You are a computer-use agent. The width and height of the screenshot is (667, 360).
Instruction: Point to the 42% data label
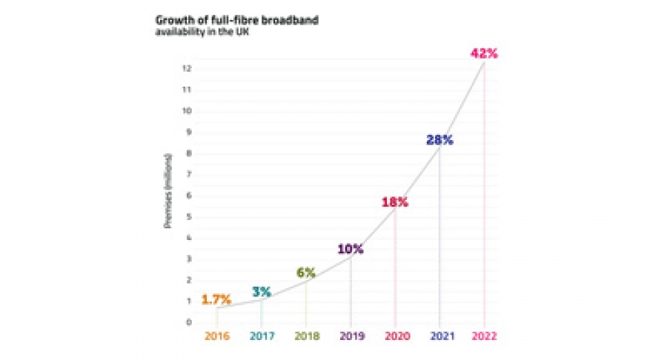tap(484, 53)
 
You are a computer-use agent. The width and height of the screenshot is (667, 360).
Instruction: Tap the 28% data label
tap(439, 139)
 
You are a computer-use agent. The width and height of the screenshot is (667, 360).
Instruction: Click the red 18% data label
tap(394, 201)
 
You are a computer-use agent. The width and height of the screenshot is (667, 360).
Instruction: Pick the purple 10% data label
tap(350, 249)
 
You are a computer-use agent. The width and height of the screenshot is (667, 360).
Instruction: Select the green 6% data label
tap(306, 272)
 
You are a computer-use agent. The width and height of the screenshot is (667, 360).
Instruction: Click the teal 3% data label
tap(262, 290)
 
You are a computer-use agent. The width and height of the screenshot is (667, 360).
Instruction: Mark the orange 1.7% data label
tap(216, 300)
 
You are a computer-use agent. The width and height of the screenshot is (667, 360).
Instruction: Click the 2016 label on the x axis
tap(217, 336)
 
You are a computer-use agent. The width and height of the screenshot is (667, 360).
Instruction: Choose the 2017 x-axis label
tap(262, 336)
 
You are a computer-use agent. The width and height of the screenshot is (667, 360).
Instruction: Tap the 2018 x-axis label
tap(306, 336)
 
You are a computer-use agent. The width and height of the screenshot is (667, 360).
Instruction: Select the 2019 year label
tap(351, 336)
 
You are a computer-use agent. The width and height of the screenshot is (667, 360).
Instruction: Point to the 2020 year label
tap(395, 336)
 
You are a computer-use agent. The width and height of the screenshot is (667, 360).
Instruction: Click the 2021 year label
tap(439, 336)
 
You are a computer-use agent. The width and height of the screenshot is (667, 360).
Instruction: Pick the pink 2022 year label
tap(484, 336)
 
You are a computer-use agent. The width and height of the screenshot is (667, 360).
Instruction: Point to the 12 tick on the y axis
tap(188, 68)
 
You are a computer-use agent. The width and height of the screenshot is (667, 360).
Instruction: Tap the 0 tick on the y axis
tap(190, 322)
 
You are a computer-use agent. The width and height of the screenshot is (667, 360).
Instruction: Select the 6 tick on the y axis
tap(190, 196)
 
